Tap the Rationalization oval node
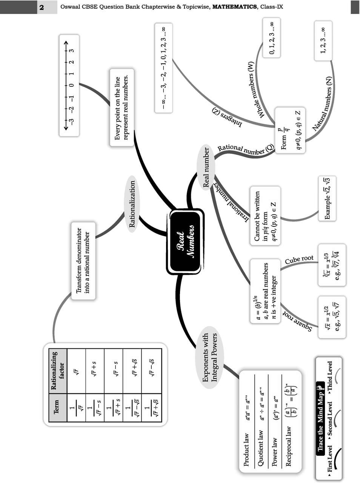point(132,204)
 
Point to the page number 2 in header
point(42,7)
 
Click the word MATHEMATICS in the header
point(232,7)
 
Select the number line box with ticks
point(69,85)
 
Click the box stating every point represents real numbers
point(122,108)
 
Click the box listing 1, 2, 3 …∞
point(323,40)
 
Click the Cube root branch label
point(299,260)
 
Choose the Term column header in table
point(57,407)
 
